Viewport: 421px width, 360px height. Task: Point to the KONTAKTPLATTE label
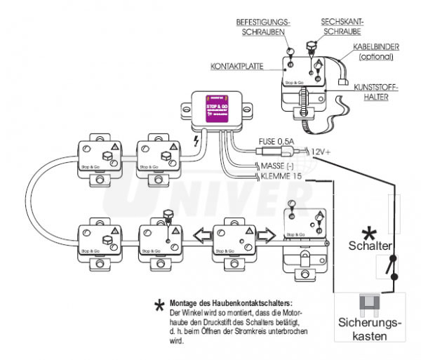coord(236,67)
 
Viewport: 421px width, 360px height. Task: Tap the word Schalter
coord(369,246)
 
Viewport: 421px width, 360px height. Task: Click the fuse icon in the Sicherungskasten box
coord(369,303)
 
